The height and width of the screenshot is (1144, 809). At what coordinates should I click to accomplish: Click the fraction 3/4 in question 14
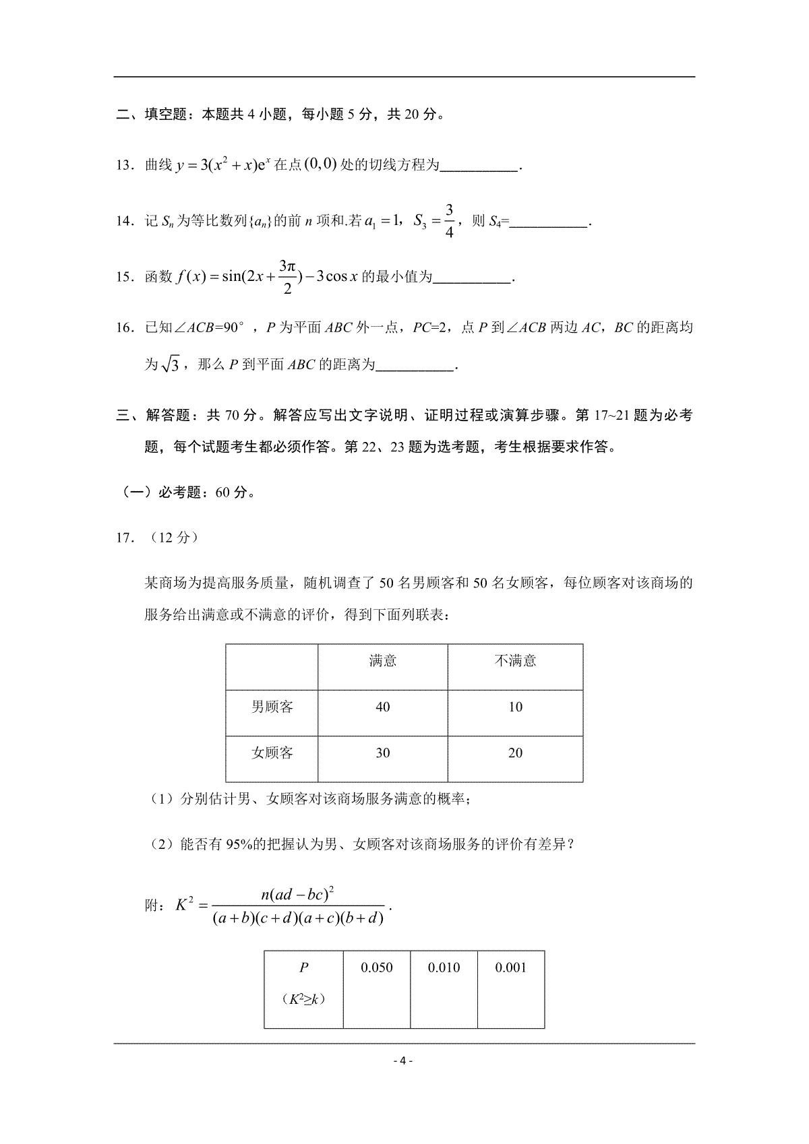click(x=450, y=220)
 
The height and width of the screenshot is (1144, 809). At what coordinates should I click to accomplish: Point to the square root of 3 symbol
click(x=170, y=365)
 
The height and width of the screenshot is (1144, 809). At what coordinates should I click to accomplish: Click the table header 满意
click(x=382, y=661)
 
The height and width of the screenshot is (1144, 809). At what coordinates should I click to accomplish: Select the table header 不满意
click(x=515, y=661)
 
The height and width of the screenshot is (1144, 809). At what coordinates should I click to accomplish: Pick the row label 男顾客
click(x=272, y=707)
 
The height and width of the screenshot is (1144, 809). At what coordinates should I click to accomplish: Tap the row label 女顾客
click(x=272, y=753)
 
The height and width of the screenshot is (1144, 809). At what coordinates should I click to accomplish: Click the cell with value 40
click(x=382, y=707)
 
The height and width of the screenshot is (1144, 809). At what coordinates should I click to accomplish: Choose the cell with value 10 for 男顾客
click(x=515, y=707)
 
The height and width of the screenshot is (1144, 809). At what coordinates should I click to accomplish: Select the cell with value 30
click(x=382, y=753)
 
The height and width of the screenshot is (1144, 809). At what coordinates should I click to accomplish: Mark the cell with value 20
click(x=515, y=753)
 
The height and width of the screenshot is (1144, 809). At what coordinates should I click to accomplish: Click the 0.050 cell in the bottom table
click(x=377, y=968)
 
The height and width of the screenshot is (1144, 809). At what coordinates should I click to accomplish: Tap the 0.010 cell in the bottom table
click(x=444, y=968)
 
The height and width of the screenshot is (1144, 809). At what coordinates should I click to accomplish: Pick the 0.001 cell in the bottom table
click(x=510, y=968)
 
